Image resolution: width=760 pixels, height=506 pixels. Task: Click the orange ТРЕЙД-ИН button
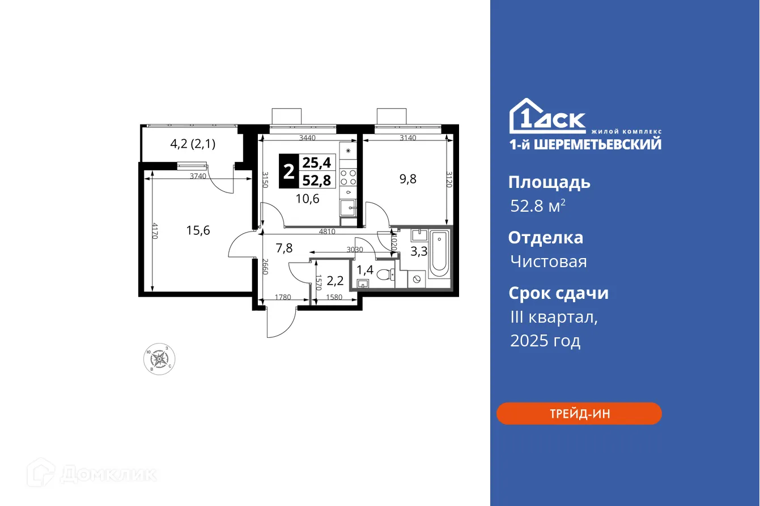coord(579,414)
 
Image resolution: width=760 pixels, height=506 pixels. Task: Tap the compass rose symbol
coord(159,358)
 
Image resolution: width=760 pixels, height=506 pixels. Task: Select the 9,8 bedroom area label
coord(408,179)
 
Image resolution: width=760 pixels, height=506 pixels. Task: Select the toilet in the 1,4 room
coord(384,275)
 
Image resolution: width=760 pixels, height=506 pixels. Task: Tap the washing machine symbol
coord(417,278)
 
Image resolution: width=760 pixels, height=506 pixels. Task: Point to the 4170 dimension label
coord(154,231)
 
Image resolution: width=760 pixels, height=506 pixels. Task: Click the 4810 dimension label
coord(327,231)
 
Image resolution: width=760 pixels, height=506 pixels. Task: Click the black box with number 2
coord(289,171)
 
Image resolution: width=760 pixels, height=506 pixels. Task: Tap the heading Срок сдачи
coord(558,293)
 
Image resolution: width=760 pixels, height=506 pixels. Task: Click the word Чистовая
coord(548,261)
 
